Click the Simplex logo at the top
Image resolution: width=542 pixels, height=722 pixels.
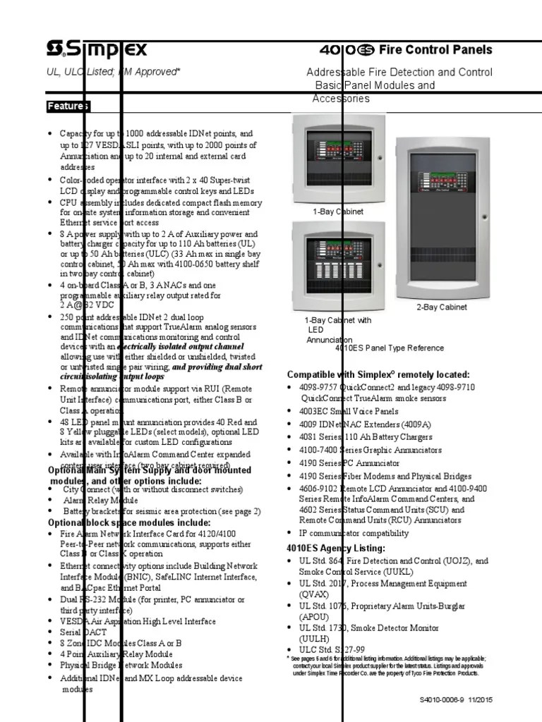tap(97, 49)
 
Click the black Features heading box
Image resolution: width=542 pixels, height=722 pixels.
tap(68, 106)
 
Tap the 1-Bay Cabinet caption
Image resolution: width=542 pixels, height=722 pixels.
tap(338, 211)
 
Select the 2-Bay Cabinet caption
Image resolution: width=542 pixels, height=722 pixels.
tap(441, 307)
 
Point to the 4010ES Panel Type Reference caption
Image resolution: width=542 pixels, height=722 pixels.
tap(390, 348)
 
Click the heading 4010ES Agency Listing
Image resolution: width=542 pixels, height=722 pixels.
tap(336, 548)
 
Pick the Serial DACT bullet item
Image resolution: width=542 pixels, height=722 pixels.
tap(82, 632)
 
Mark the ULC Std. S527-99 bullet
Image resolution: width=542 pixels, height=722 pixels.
tap(332, 649)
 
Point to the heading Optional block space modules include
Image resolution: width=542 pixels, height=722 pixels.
tap(128, 522)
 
